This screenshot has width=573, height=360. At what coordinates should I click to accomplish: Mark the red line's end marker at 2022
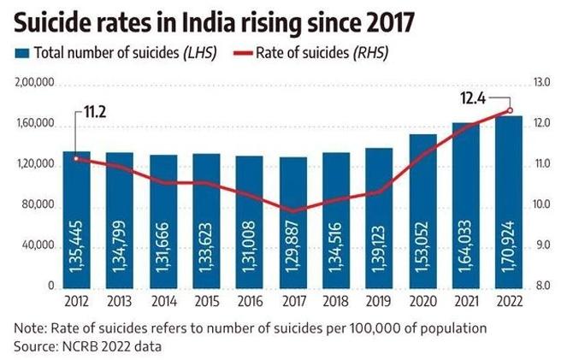pos(511,109)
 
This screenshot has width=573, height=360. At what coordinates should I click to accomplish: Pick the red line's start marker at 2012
pos(76,158)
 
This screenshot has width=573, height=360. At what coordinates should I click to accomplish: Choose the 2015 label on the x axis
pos(207,303)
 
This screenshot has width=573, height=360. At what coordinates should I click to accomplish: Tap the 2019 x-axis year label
pos(380,303)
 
